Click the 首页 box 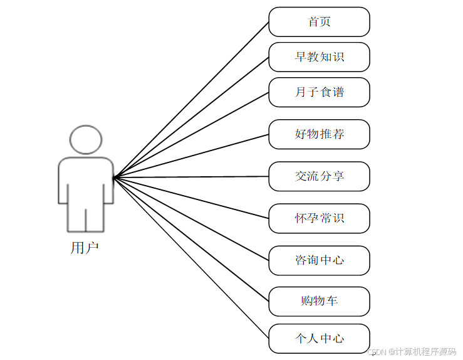pos(319,22)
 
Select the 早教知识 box pos(319,57)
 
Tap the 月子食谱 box pos(319,92)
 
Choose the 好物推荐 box pos(319,134)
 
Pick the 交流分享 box pos(319,176)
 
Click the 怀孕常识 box pos(319,218)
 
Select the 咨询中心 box pos(319,260)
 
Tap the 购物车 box pos(319,301)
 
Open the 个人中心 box pos(319,339)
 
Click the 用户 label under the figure pos(85,248)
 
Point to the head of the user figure pos(86,140)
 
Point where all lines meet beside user pos(114,177)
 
